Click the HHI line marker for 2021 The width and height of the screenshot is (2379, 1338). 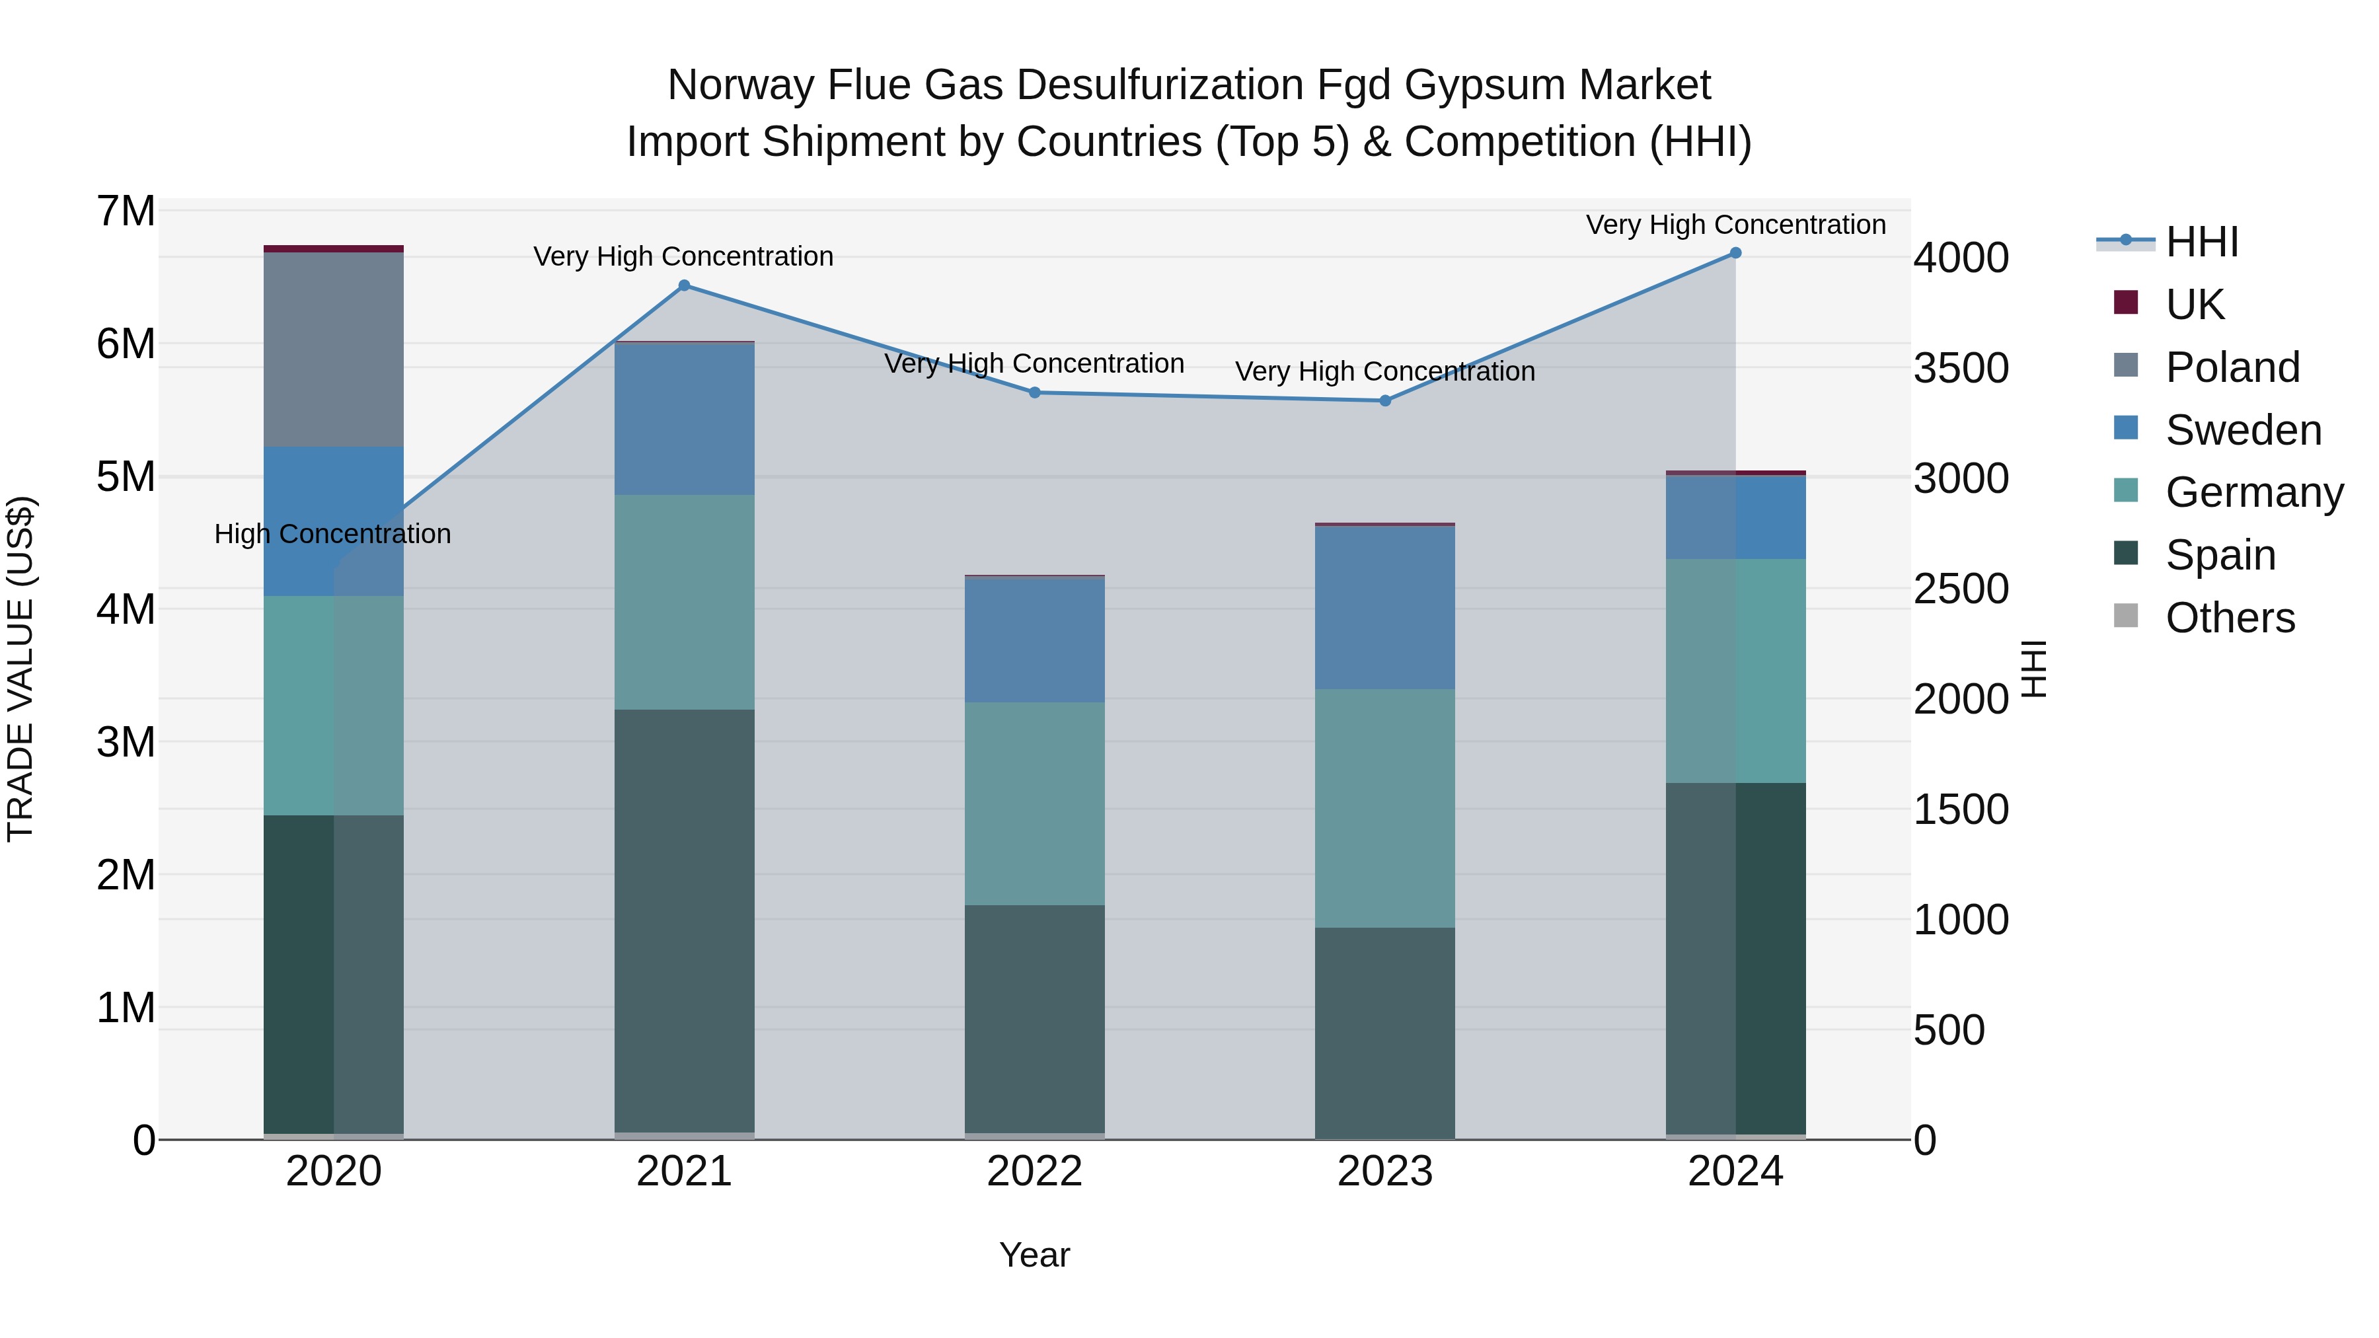685,285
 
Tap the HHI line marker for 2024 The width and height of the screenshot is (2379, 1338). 1735,253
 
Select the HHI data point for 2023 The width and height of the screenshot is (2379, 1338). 1385,401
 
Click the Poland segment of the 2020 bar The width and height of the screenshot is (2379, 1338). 334,349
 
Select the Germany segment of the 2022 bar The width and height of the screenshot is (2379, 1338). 1034,803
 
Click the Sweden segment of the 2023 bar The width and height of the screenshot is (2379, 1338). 1385,608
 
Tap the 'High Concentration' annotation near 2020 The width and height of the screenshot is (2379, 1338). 332,534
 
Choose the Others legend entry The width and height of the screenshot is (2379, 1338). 2230,618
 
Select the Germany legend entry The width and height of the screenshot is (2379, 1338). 2253,492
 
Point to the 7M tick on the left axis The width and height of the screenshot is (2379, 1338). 126,211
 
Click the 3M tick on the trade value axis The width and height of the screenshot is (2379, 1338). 126,741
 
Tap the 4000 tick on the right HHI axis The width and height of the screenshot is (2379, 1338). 1960,258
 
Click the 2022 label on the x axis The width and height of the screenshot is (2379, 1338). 1034,1171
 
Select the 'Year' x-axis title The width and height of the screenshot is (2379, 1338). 1034,1255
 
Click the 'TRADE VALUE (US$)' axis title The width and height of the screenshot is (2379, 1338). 20,669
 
